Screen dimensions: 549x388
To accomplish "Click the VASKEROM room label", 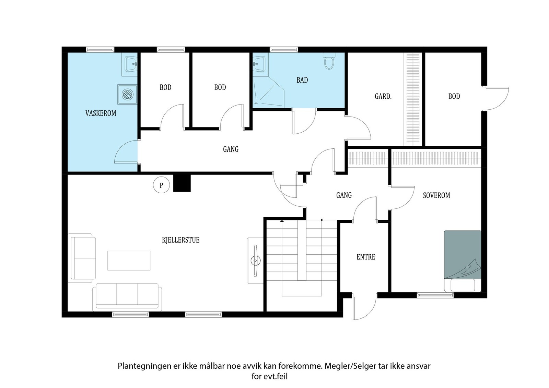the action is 101,113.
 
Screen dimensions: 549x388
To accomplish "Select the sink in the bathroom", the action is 259,63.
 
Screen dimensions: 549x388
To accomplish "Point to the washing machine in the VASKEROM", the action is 127,95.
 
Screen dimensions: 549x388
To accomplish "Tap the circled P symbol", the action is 161,185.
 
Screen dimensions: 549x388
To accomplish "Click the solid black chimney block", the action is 182,183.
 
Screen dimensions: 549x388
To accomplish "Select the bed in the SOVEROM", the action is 463,261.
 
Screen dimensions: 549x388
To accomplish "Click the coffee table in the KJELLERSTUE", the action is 129,260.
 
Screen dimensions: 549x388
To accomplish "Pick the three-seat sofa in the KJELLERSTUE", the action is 127,297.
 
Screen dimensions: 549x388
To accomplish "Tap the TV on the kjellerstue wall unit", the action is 256,260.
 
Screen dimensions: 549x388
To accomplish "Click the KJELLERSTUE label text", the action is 180,240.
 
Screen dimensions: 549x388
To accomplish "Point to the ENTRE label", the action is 366,257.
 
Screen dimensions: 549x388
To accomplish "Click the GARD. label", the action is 383,96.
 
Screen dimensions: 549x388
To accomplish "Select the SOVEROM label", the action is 436,195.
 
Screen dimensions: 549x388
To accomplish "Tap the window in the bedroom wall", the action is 435,295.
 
